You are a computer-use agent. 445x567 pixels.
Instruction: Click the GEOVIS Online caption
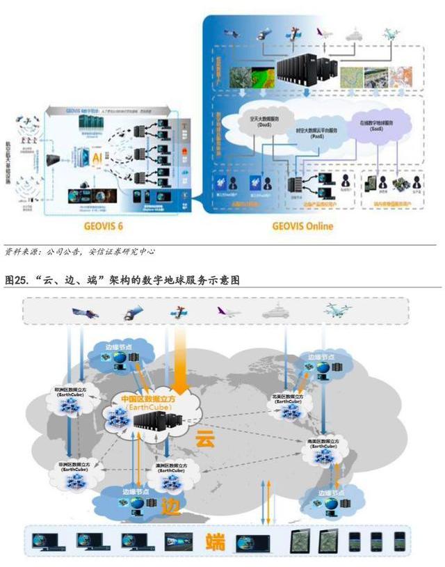point(303,226)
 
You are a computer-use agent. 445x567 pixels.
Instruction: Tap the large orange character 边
point(170,504)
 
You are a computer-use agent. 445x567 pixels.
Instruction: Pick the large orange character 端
point(215,541)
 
